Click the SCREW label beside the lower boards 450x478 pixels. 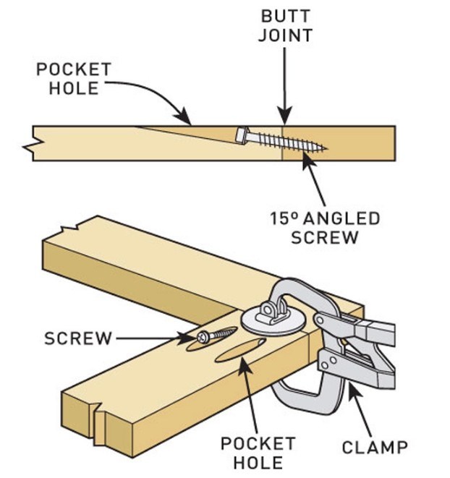coord(78,338)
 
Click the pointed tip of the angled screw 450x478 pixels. coord(323,150)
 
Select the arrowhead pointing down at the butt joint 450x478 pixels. coord(285,116)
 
